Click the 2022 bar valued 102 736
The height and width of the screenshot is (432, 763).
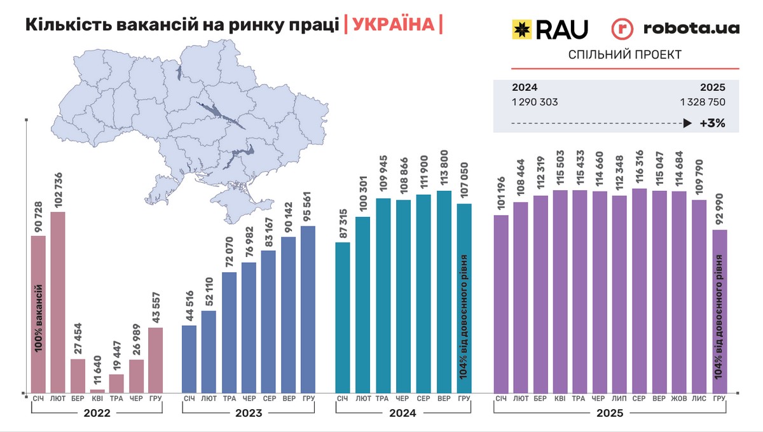tap(58, 302)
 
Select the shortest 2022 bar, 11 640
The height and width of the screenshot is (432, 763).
tap(97, 391)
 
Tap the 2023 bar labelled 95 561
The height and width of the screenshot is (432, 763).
tap(308, 309)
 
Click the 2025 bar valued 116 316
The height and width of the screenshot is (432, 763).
tap(640, 290)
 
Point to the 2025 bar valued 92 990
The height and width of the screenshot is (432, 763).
tap(720, 311)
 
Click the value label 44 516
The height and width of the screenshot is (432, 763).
tap(189, 304)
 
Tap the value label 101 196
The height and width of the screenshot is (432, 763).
tap(501, 195)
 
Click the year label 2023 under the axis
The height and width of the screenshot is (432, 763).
tap(247, 413)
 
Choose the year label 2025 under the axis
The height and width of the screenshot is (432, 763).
tap(609, 413)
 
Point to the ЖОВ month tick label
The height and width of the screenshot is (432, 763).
tap(679, 399)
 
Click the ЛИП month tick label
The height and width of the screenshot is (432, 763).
tap(619, 399)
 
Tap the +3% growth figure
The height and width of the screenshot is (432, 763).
tap(712, 123)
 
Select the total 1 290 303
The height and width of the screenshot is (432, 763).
tap(535, 102)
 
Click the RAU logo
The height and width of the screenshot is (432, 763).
tap(550, 29)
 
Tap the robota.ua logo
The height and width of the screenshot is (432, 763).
tap(675, 29)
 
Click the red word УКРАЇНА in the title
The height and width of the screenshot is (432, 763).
tap(393, 25)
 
